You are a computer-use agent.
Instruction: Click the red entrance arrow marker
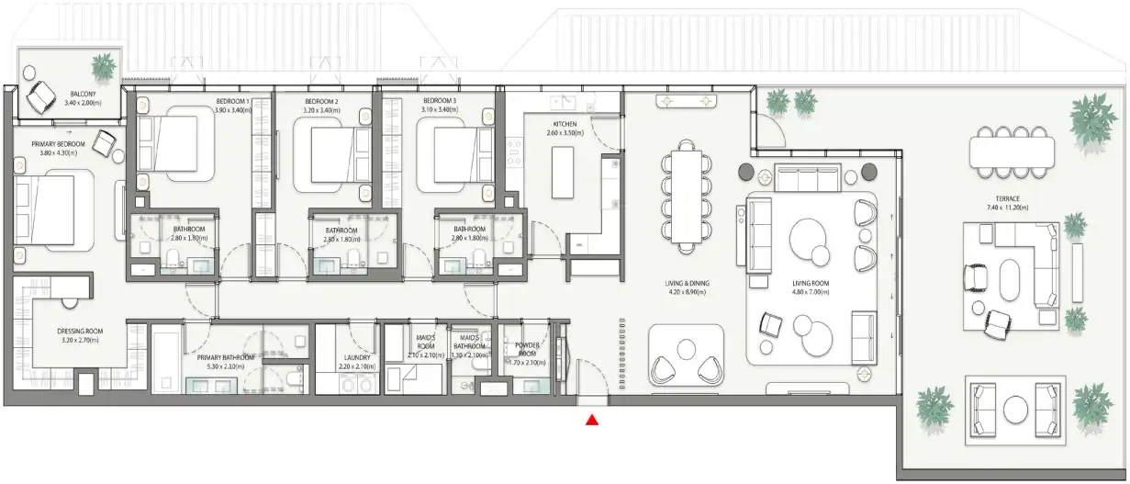(592, 421)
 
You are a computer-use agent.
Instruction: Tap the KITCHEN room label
(564, 124)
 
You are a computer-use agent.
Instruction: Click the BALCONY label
(84, 93)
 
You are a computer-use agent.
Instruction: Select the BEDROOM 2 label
(321, 101)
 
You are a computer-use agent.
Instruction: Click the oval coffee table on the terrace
(1008, 280)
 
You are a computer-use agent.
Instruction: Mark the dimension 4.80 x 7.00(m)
(811, 293)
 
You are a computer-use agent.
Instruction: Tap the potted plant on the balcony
(103, 66)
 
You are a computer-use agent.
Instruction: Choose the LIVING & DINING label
(688, 284)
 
